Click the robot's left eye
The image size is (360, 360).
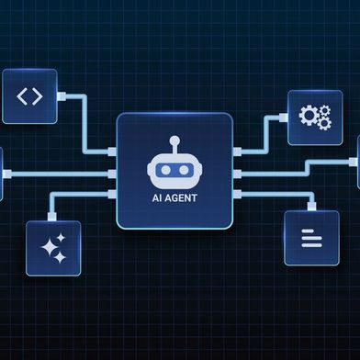tap(166, 171)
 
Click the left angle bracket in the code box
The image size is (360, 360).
tap(23, 96)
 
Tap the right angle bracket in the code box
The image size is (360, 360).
tap(37, 96)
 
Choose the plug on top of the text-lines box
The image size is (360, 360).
tap(312, 207)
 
